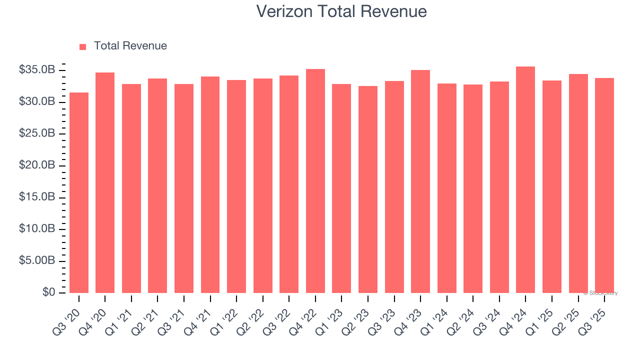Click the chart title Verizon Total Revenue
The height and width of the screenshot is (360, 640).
click(341, 11)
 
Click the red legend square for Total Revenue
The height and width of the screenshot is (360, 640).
click(83, 46)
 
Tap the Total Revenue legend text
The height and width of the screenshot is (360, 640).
click(130, 46)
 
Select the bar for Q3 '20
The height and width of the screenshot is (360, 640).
click(79, 192)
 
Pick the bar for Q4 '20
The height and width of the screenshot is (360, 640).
click(105, 182)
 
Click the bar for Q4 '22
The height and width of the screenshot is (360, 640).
click(315, 181)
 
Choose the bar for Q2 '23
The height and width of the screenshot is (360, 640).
click(368, 189)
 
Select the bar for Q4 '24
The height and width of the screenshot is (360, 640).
click(525, 179)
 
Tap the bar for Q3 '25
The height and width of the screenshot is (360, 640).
click(604, 185)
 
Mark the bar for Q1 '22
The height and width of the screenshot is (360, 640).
click(236, 186)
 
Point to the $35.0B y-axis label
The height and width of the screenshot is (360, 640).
click(36, 70)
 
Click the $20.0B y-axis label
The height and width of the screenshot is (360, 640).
click(36, 165)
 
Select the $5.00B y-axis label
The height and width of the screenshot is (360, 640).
click(36, 261)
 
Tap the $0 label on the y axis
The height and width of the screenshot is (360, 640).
click(48, 292)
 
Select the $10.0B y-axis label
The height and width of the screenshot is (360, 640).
click(36, 229)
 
